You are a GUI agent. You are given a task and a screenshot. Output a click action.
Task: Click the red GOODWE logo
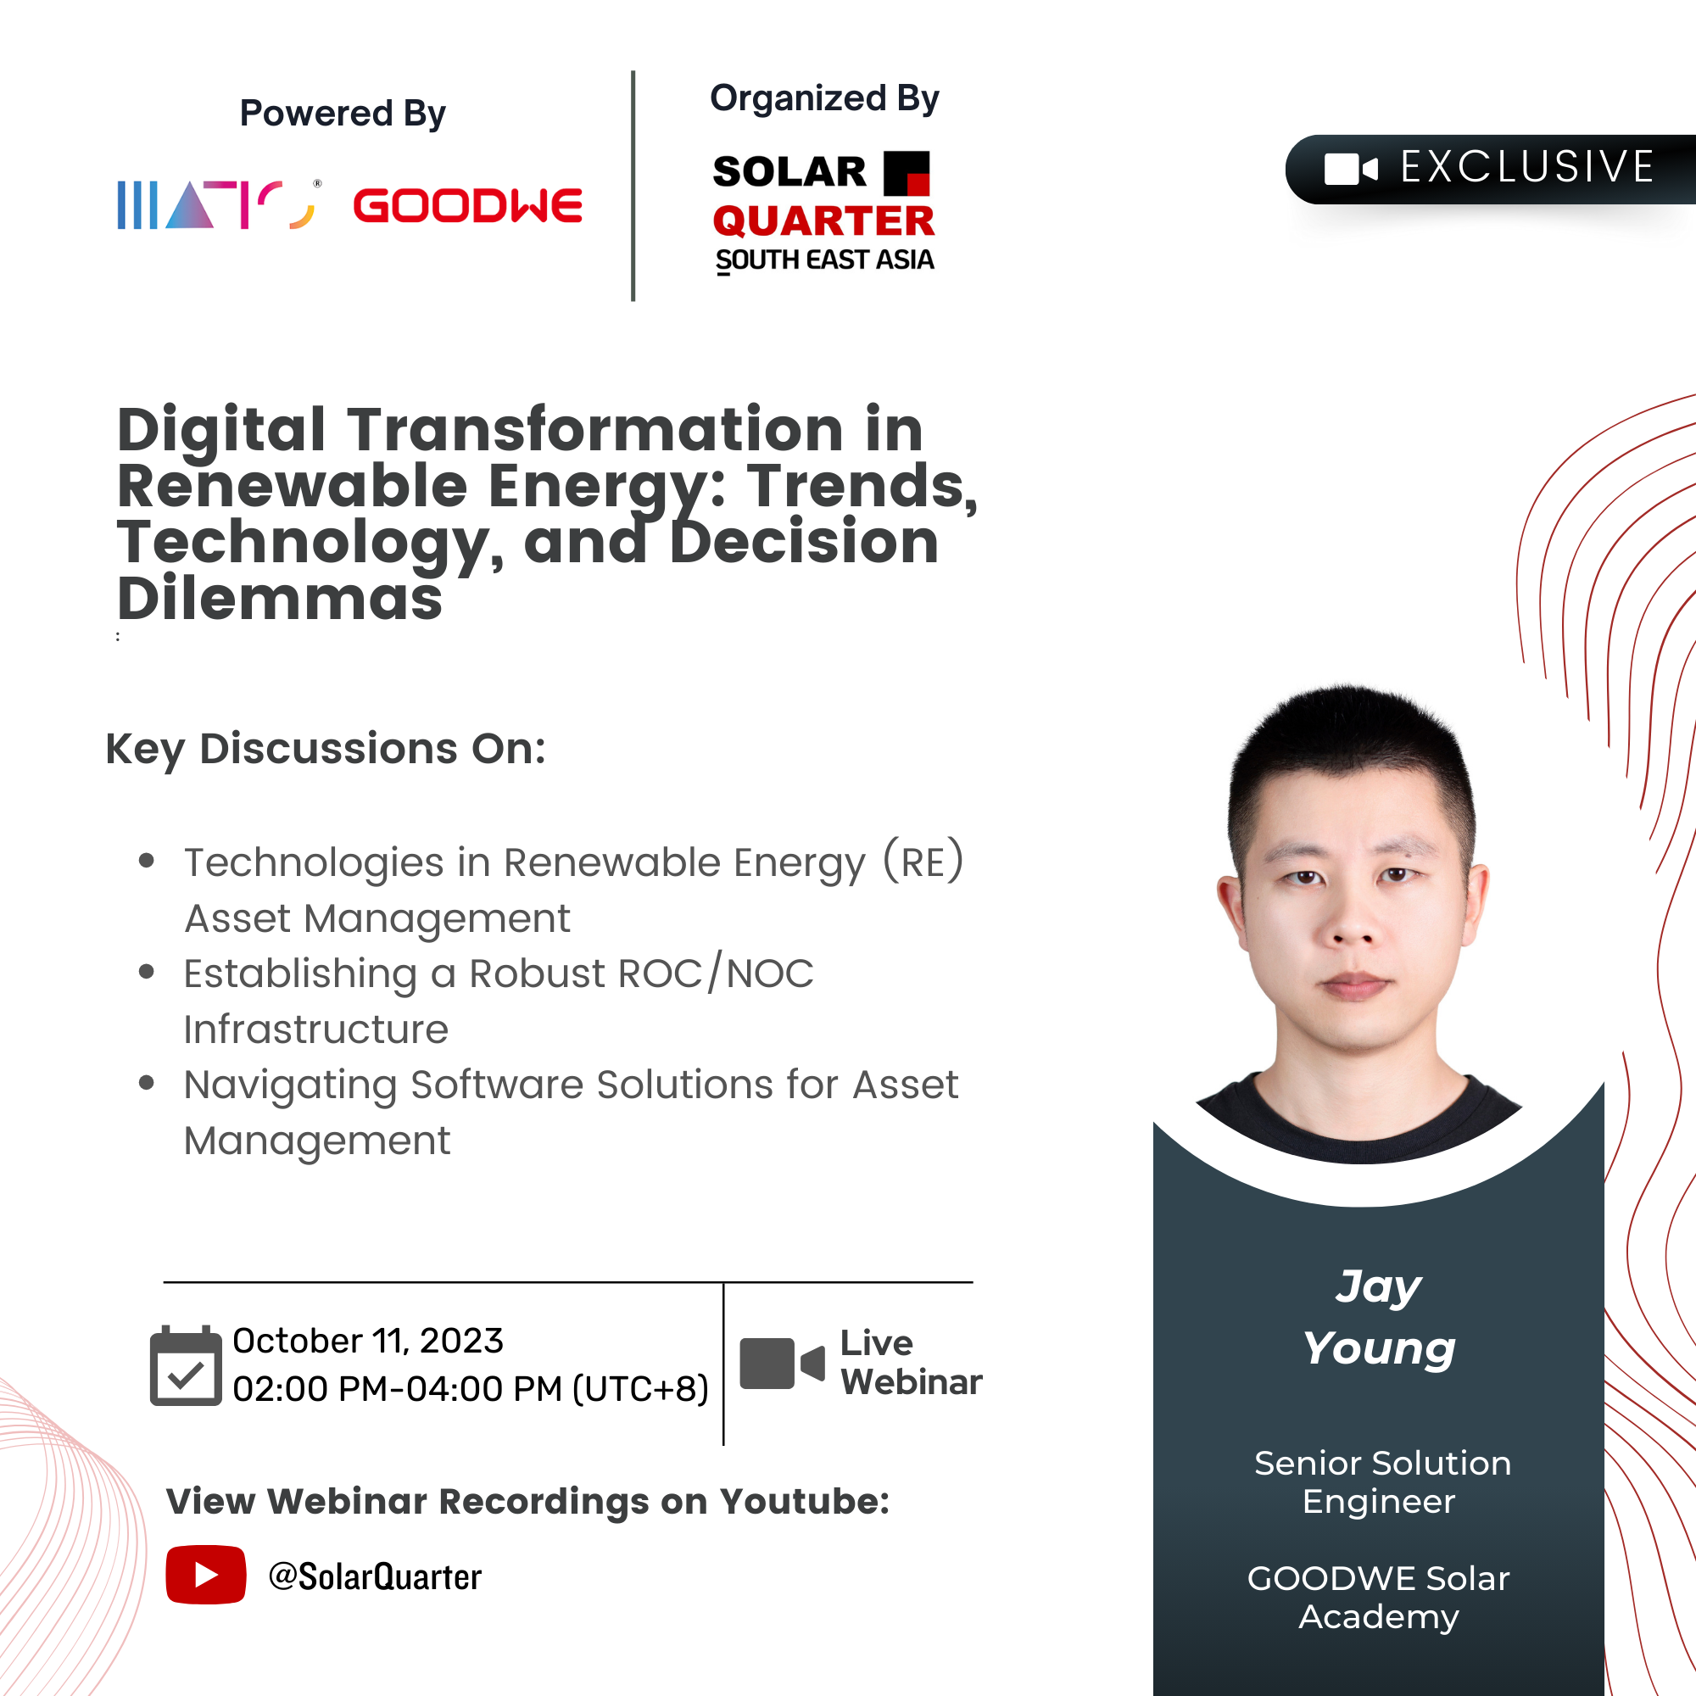pos(468,205)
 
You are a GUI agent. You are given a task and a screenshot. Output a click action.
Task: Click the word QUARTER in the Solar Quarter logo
pos(823,221)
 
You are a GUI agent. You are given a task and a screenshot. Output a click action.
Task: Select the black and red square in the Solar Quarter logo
pos(906,173)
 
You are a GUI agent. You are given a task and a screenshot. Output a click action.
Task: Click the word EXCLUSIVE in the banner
pos(1527,167)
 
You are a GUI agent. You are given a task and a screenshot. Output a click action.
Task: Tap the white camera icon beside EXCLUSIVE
pos(1351,169)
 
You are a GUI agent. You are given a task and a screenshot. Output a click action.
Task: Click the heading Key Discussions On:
pos(326,750)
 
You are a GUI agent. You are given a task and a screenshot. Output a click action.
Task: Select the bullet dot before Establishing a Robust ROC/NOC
pos(147,971)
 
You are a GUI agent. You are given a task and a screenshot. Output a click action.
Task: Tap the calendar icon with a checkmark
pos(185,1365)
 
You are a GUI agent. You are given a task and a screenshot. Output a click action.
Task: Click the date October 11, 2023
pos(368,1342)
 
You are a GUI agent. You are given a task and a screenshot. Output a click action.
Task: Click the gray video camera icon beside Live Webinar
pos(782,1364)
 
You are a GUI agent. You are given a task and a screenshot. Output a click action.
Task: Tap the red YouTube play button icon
pos(205,1575)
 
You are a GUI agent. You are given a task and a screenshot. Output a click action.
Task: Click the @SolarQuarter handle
pos(375,1576)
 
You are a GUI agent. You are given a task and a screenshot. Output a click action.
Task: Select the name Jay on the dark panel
pos(1378,1288)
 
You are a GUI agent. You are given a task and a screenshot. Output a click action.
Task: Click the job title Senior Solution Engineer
pos(1381,1482)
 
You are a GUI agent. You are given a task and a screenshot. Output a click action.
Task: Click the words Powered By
pos(343,114)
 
